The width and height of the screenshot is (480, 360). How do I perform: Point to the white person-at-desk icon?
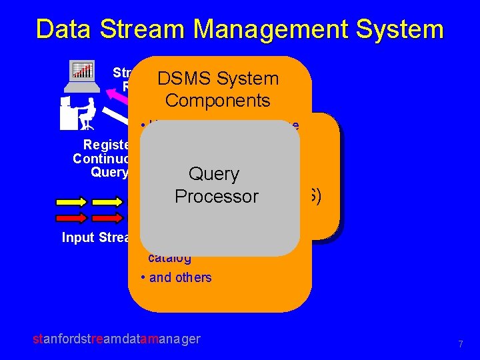tap(77, 113)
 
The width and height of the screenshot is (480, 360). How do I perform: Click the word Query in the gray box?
tap(214, 174)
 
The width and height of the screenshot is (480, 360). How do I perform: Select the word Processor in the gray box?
tap(216, 197)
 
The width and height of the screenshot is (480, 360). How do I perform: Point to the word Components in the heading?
tap(217, 101)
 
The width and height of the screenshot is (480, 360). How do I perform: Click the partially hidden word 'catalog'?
tap(169, 259)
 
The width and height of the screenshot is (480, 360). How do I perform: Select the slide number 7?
tap(460, 344)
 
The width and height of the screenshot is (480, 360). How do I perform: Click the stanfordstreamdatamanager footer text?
tap(116, 339)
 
